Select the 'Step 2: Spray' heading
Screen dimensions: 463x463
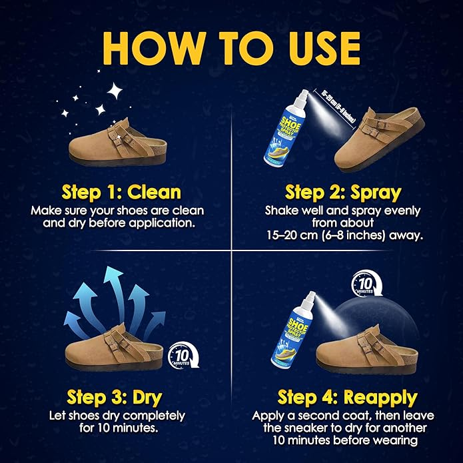342,193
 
